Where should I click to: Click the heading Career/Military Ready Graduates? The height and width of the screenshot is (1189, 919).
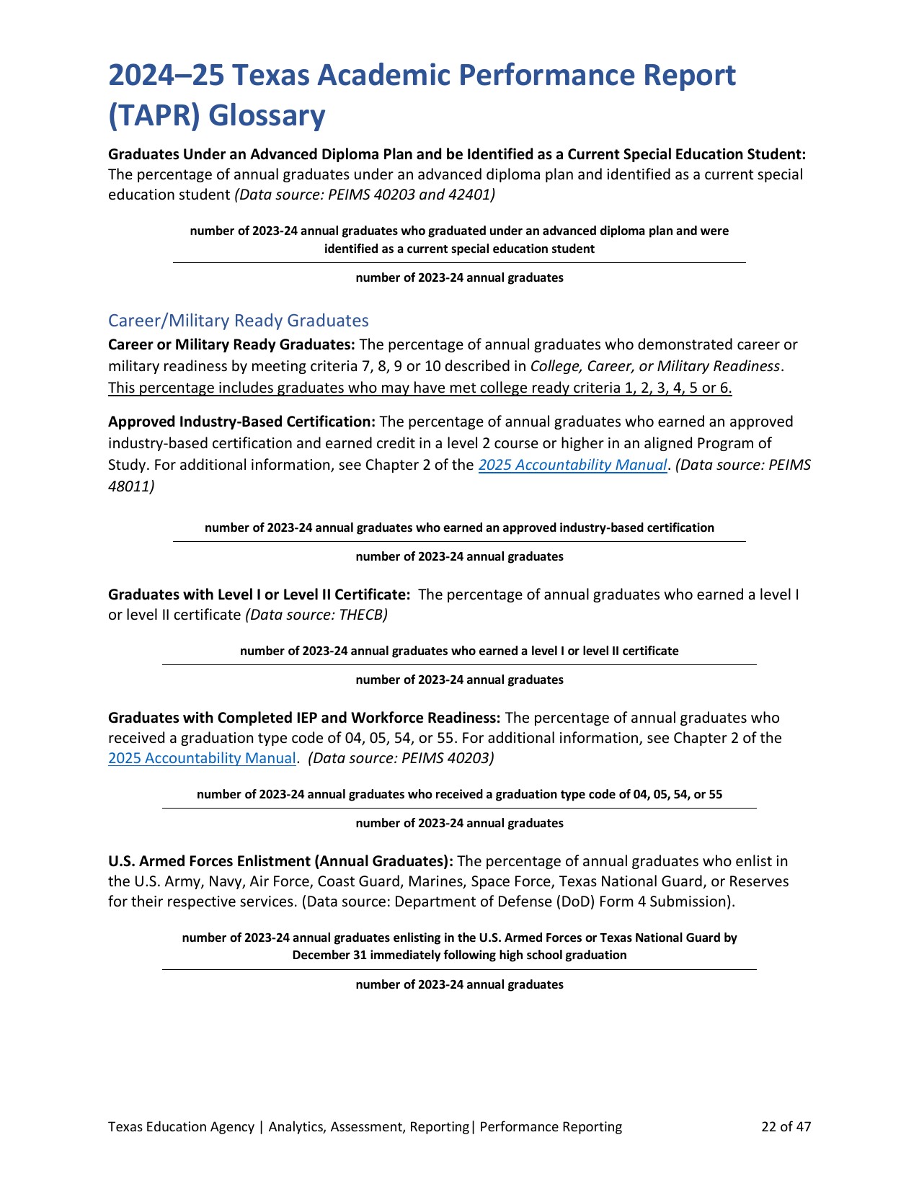[x=238, y=321]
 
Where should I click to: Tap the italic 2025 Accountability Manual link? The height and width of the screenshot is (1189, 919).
[x=572, y=465]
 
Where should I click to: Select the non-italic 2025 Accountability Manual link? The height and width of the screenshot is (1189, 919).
[x=202, y=758]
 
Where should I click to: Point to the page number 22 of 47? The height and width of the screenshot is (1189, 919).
[x=786, y=1126]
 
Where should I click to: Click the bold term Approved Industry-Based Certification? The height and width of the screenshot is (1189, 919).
[x=241, y=422]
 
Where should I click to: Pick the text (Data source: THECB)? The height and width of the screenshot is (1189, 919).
[x=316, y=615]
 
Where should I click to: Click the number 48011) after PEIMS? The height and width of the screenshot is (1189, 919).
[x=131, y=486]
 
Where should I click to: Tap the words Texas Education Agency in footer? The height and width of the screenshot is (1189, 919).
[x=181, y=1126]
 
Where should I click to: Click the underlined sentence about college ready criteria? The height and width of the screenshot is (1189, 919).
[x=419, y=388]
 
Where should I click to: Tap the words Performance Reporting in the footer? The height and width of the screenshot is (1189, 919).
[x=551, y=1126]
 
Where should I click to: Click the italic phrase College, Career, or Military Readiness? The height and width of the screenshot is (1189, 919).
[x=654, y=366]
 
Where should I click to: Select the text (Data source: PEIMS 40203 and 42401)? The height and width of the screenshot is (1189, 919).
[x=365, y=195]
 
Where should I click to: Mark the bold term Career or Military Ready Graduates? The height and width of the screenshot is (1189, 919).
[x=231, y=344]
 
